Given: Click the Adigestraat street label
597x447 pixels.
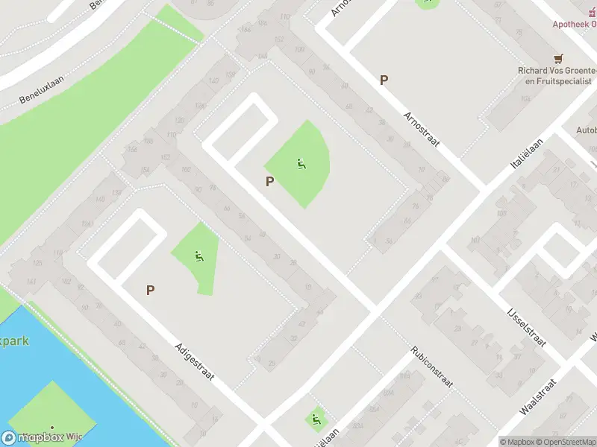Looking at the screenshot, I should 195,361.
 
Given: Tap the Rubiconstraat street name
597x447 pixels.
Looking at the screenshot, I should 432,367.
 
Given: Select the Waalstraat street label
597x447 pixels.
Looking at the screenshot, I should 539,399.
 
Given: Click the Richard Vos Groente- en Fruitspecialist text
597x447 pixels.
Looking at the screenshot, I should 555,75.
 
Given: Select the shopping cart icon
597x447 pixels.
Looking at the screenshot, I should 557,58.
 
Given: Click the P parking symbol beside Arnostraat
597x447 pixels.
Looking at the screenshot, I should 384,80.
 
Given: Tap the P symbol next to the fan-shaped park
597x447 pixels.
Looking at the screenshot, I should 269,181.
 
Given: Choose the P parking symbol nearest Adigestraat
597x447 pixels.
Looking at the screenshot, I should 151,290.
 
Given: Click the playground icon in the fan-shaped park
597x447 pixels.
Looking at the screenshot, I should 301,164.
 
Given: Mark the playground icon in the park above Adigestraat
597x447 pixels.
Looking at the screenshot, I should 199,257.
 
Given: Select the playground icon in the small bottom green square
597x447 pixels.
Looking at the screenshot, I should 317,419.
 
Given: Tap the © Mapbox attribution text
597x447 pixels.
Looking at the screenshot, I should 517,442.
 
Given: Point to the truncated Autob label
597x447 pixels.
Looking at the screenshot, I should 586,130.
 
